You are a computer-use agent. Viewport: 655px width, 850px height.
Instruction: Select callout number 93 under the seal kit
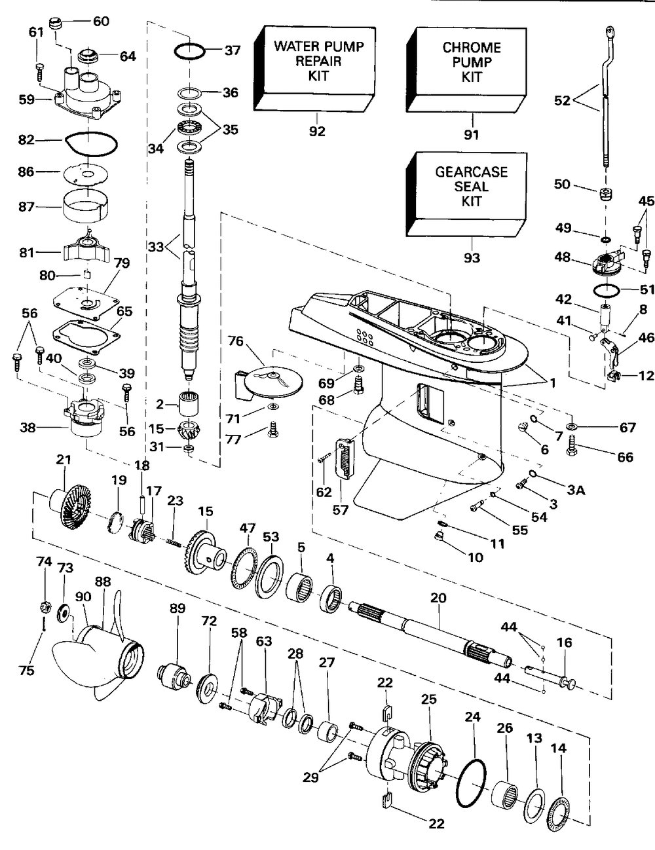coord(472,257)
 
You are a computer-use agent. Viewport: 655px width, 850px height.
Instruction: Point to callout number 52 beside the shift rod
coord(562,100)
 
